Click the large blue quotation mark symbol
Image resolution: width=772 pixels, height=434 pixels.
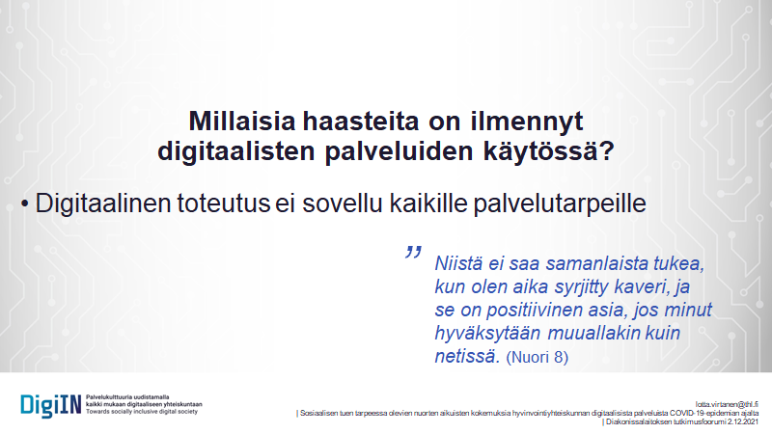click(414, 255)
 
